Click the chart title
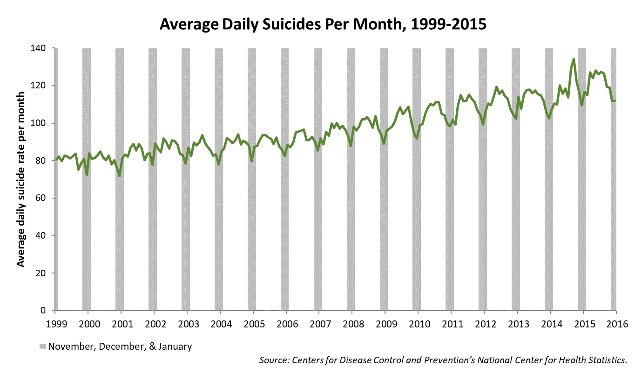click(323, 24)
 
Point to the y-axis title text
click(21, 179)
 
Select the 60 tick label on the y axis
click(46, 198)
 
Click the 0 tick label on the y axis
click(48, 311)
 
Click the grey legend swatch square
click(43, 346)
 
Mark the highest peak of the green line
click(574, 59)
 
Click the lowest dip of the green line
click(120, 176)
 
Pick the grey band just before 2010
click(417, 233)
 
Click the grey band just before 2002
click(153, 233)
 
